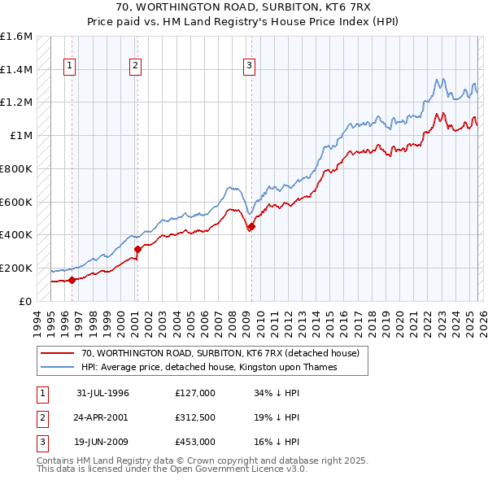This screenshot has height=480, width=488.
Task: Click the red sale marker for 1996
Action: [x=72, y=280]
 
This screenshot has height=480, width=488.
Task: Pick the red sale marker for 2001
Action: [x=137, y=249]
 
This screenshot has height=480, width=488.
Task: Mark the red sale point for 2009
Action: [x=251, y=227]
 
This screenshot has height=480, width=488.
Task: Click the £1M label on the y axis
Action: [x=22, y=136]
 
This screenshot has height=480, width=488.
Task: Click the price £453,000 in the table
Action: [x=194, y=442]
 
